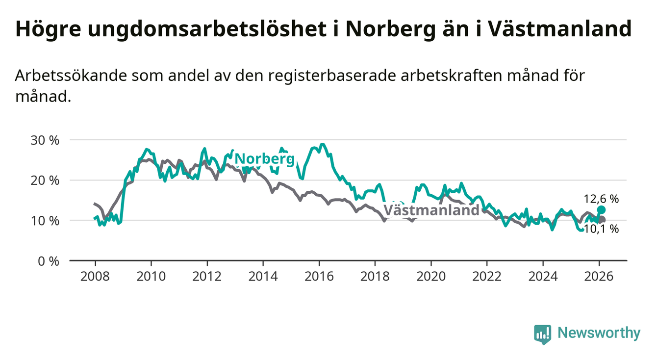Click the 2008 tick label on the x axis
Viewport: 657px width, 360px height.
point(95,276)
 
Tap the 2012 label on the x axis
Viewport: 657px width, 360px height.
point(207,276)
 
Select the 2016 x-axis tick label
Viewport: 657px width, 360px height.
point(319,276)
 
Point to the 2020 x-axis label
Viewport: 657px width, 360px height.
point(430,276)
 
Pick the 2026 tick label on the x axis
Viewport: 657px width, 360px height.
point(599,276)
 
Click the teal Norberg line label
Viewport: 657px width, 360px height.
point(265,158)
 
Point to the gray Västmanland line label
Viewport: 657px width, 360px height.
point(430,210)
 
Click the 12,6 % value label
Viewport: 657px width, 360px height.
point(601,199)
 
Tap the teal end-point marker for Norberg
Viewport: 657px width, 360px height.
point(602,210)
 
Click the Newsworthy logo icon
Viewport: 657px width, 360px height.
point(542,334)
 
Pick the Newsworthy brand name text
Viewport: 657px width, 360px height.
point(599,334)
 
